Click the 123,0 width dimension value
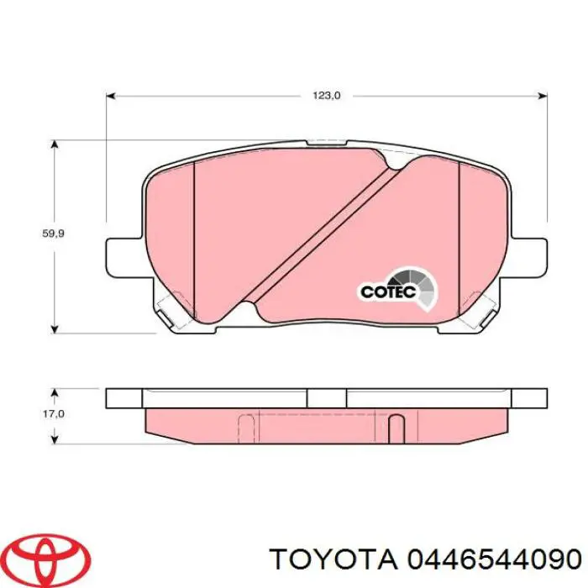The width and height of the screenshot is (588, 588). (x=326, y=96)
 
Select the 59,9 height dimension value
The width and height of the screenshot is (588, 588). (x=54, y=234)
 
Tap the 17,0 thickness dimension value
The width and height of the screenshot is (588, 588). (x=54, y=414)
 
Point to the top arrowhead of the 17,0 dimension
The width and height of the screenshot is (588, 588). (x=55, y=392)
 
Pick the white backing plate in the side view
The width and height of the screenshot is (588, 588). (x=328, y=398)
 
